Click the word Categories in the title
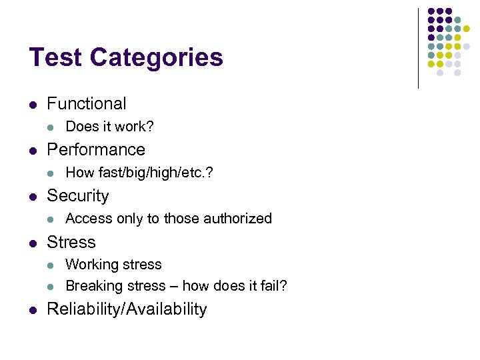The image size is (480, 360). tap(156, 59)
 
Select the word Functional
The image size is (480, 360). tap(86, 103)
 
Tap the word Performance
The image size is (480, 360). tap(95, 149)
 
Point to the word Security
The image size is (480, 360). tap(77, 196)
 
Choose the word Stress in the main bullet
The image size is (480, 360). tap(71, 242)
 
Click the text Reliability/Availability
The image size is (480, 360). tap(127, 309)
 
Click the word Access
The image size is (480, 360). tap(88, 219)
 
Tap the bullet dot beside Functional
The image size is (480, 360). tap(33, 104)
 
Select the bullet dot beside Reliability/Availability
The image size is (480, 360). tap(33, 309)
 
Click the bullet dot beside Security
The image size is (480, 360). tap(33, 196)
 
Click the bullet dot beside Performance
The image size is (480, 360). tap(33, 150)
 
